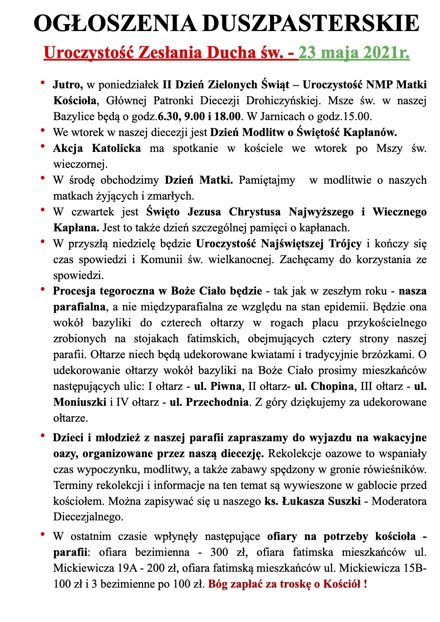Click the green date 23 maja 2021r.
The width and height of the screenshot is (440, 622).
point(354,52)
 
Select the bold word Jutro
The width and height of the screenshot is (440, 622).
point(68,85)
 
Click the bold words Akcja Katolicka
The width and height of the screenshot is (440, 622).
point(97,148)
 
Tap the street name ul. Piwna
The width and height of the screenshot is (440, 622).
point(218,386)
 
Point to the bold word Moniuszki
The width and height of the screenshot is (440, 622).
point(80,402)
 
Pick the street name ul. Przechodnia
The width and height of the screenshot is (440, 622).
point(209,402)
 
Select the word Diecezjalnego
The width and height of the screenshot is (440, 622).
point(88,517)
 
